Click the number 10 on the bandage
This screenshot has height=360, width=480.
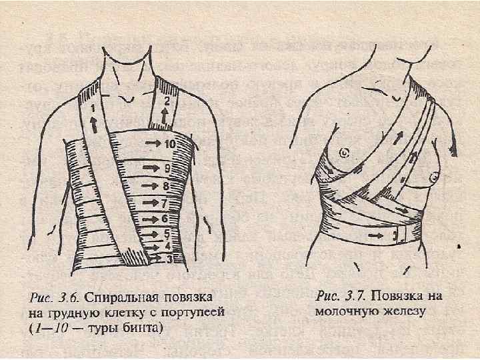click(x=171, y=143)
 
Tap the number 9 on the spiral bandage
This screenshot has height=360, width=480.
click(x=169, y=167)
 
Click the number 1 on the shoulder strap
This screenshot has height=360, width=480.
click(x=93, y=107)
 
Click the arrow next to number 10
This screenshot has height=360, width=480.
click(x=153, y=143)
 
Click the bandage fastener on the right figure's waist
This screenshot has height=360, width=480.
click(x=399, y=235)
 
